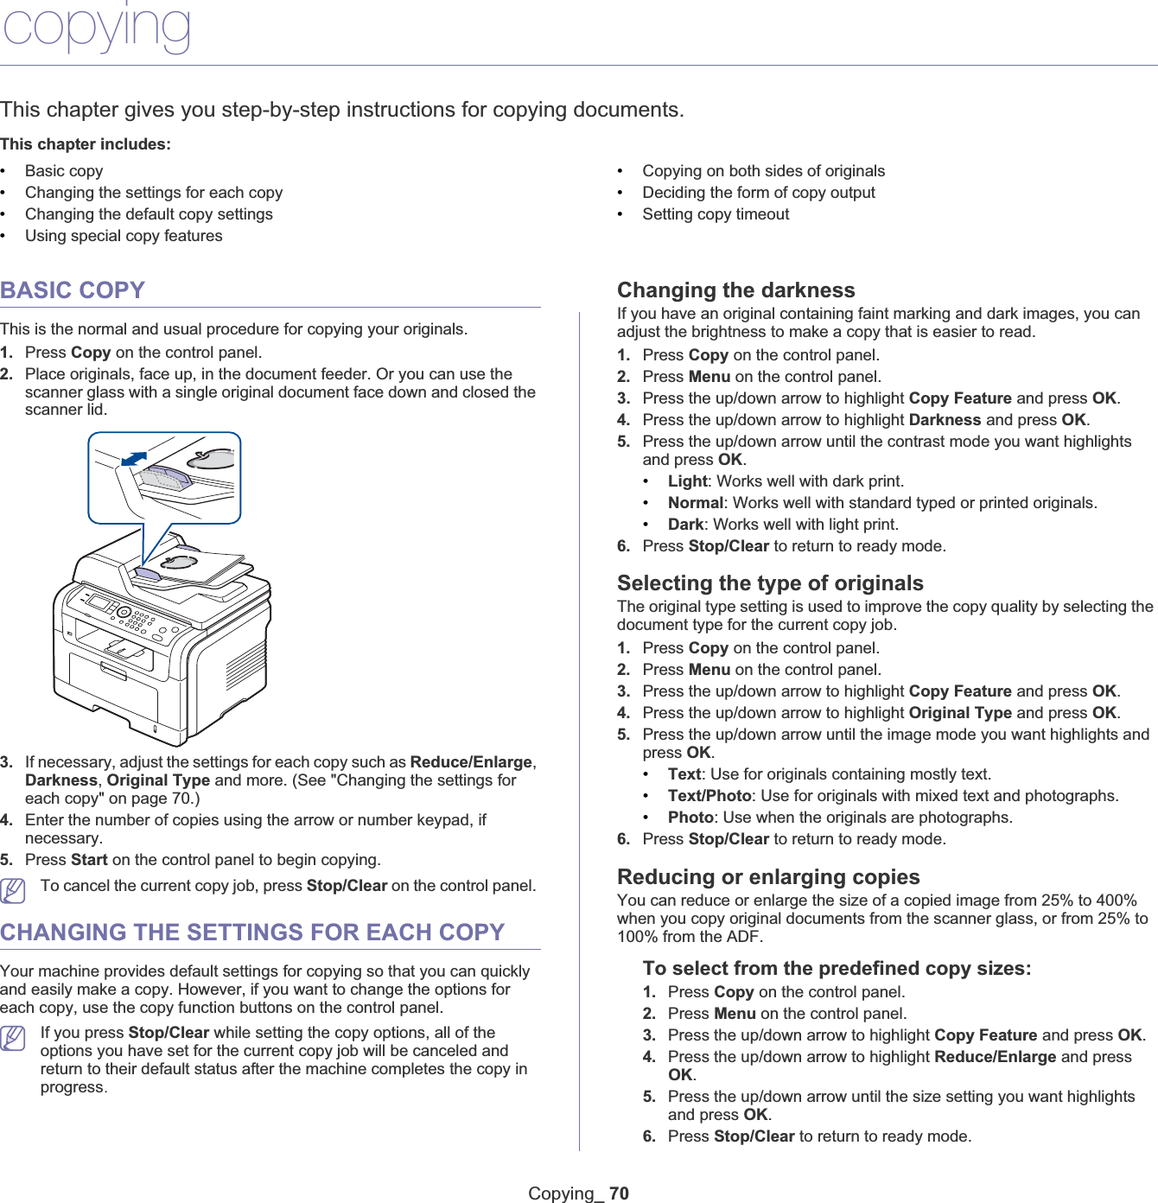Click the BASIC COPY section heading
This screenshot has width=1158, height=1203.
73,290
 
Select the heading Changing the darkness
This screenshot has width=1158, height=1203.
735,290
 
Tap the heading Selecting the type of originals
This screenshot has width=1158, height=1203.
770,583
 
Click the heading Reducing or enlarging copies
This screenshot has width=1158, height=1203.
768,877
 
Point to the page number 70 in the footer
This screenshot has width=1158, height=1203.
619,1193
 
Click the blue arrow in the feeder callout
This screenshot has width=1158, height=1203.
134,458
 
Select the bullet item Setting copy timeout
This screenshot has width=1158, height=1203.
716,214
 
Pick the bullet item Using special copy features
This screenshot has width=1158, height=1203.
124,236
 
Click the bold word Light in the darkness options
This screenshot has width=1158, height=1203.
687,481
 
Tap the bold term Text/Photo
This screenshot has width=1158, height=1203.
709,796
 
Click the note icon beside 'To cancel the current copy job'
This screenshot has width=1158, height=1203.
13,889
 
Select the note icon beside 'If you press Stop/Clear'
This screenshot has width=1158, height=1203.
13,1036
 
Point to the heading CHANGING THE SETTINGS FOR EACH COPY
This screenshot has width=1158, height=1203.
252,932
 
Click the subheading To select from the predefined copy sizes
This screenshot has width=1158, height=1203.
837,969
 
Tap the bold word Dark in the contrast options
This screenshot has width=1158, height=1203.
685,525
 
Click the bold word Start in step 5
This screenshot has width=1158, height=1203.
89,860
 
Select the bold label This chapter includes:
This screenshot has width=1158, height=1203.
86,144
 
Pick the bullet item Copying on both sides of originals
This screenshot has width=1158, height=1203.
763,171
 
